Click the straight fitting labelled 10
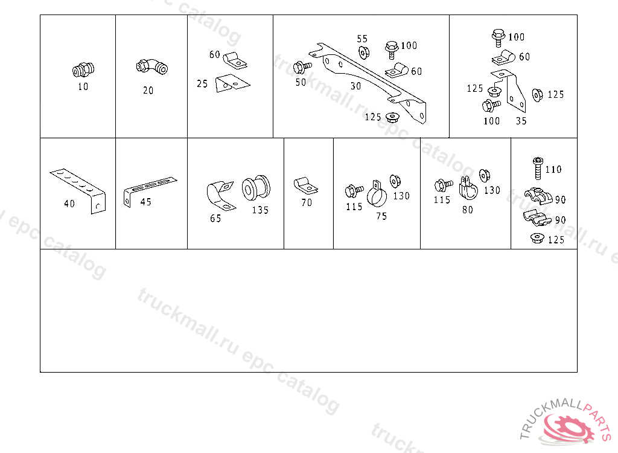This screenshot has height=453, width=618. coord(83,69)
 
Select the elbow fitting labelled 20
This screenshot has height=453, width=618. coord(151,66)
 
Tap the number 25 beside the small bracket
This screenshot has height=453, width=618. coord(202,84)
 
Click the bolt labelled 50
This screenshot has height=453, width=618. coord(302,68)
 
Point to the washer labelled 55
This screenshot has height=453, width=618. coord(363,52)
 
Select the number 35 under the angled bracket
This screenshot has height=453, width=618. coord(521,121)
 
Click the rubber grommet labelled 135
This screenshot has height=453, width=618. coord(256,188)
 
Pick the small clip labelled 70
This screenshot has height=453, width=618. coord(305,185)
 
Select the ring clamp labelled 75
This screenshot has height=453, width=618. coord(377,194)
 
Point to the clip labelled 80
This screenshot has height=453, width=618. coord(468,188)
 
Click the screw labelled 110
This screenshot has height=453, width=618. coord(538,168)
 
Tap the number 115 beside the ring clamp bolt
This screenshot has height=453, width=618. coord(354,207)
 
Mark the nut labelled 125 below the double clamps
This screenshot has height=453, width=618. coord(537,238)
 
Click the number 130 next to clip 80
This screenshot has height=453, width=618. coord(492,190)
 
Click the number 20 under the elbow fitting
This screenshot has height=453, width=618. coord(148,91)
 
